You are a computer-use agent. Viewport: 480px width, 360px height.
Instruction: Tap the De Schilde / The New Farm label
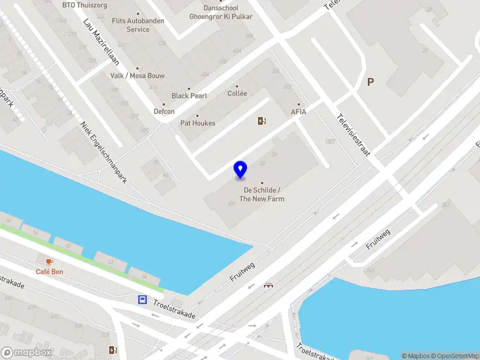point(262,194)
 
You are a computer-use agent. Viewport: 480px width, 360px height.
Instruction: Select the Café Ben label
point(49,272)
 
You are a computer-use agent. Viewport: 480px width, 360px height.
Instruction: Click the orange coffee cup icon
point(49,262)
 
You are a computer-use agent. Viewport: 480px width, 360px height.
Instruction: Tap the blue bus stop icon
point(143,299)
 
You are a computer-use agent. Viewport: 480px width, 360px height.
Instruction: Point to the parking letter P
point(370,82)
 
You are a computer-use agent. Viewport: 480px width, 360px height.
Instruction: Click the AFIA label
point(298,112)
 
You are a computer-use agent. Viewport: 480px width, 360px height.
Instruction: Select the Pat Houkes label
point(197,123)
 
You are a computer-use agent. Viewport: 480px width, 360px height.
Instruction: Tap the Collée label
point(237,94)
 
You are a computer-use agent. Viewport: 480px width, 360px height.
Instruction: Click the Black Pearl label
point(189,96)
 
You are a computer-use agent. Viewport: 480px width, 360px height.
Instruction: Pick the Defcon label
point(164,112)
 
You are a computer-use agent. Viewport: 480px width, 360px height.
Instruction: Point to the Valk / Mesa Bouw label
point(137,76)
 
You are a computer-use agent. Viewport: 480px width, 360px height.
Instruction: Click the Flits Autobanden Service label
point(138,25)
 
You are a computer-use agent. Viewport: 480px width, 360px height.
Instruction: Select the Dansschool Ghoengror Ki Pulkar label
point(220,13)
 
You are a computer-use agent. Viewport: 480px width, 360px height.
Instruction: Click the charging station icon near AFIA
point(262,121)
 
